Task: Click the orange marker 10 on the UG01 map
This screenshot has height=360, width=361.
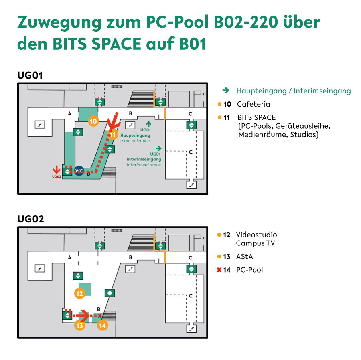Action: tap(93, 121)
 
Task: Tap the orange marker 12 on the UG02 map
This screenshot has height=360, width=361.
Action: tap(79, 293)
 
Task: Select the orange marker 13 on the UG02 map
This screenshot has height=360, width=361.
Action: tap(80, 325)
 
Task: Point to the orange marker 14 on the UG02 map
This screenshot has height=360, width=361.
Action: tap(102, 325)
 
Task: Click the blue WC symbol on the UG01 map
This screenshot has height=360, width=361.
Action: tap(79, 171)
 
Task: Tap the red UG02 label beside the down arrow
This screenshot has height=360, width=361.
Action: tap(57, 176)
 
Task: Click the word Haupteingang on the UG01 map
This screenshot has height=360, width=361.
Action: tap(135, 136)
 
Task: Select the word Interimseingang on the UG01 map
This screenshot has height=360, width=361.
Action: tap(144, 159)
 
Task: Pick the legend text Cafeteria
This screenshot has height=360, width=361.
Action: tap(254, 104)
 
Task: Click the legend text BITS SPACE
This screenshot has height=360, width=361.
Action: tap(256, 117)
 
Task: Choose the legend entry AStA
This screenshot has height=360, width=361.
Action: tap(245, 257)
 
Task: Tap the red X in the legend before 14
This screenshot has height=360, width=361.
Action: tap(219, 269)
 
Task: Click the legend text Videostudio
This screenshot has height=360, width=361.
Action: tap(256, 235)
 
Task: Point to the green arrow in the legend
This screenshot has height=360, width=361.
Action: tap(226, 91)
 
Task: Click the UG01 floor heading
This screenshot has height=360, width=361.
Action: tap(30, 75)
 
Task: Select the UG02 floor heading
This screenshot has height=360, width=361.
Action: tap(30, 219)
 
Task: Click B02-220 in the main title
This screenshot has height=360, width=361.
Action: tap(246, 22)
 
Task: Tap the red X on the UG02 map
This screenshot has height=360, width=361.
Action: tap(99, 316)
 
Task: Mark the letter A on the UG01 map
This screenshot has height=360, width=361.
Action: tap(69, 113)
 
